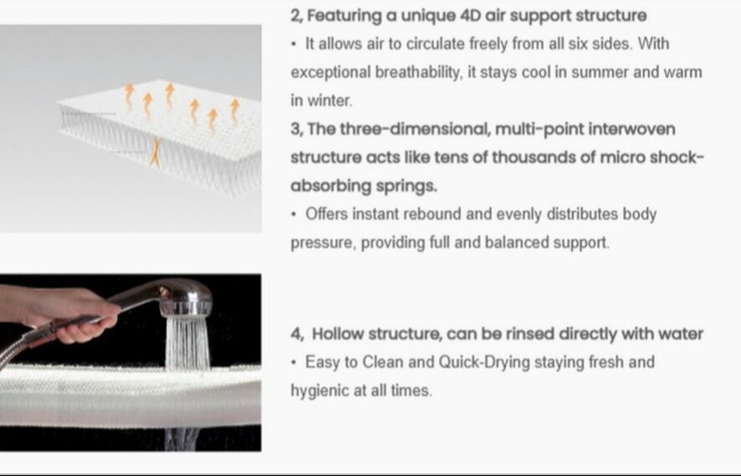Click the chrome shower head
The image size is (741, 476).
click(x=186, y=298)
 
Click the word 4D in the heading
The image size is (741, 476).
click(x=471, y=16)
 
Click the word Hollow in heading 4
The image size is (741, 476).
click(x=338, y=334)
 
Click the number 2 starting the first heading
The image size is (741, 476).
click(x=296, y=16)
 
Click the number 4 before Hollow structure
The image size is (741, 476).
click(x=297, y=334)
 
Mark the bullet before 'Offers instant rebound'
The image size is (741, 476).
click(x=294, y=214)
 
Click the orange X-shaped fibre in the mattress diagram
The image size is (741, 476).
click(x=155, y=152)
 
